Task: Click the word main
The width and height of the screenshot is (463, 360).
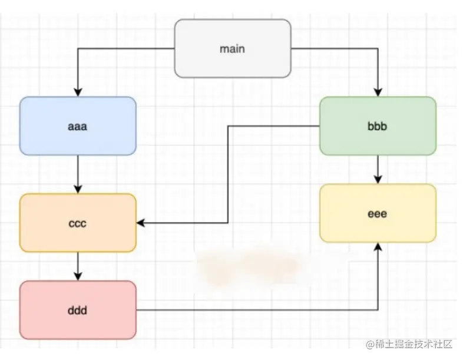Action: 233,48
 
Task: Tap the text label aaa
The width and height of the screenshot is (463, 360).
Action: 78,126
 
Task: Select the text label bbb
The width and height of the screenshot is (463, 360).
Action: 378,126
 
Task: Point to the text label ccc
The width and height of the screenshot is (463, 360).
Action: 78,223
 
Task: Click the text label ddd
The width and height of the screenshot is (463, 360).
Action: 78,310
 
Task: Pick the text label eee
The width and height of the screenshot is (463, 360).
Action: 378,213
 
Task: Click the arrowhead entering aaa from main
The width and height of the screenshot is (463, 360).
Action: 78,92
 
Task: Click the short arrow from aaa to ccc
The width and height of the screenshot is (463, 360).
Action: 78,174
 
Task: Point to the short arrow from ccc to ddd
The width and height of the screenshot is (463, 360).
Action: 78,266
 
